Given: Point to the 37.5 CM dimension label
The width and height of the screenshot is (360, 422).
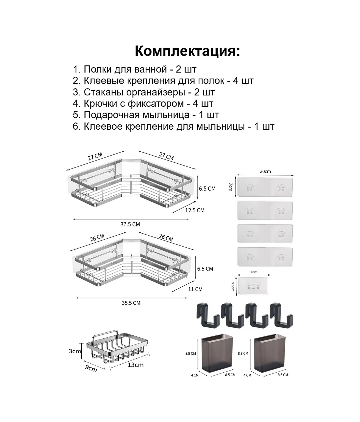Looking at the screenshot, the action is click(130, 225).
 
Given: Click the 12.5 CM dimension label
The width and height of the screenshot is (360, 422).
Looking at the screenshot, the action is click(194, 210).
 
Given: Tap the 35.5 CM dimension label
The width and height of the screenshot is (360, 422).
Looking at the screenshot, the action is click(131, 303).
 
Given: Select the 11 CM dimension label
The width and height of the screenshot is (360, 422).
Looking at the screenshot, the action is click(195, 289).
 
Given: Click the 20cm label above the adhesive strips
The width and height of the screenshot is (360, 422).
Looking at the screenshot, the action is click(265, 172).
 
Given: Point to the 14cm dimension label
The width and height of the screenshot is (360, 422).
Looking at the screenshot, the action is click(253, 272).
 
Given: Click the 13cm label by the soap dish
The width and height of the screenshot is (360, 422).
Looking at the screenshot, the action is click(136, 365).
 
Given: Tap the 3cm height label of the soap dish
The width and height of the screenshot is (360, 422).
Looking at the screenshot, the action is click(75, 351).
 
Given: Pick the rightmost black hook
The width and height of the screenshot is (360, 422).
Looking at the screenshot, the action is click(281, 316).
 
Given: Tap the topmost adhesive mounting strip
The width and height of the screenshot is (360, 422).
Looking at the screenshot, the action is click(265, 187).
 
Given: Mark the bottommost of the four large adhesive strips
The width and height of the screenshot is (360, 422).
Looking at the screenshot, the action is click(265, 257).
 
